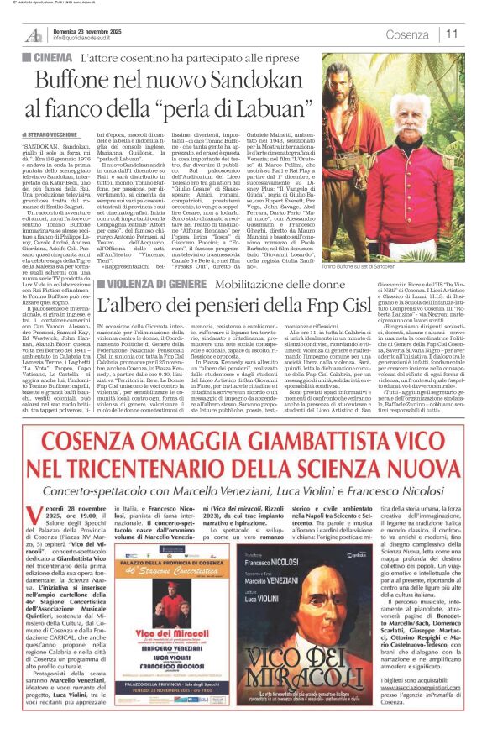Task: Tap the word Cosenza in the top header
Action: point(406,34)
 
